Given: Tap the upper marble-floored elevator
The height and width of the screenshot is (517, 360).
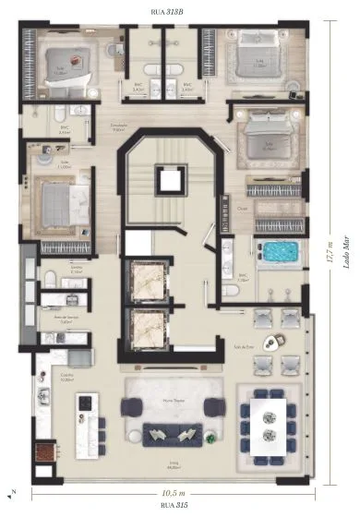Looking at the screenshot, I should point(149,281).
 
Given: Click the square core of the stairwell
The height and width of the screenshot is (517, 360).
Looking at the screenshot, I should point(168,179).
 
